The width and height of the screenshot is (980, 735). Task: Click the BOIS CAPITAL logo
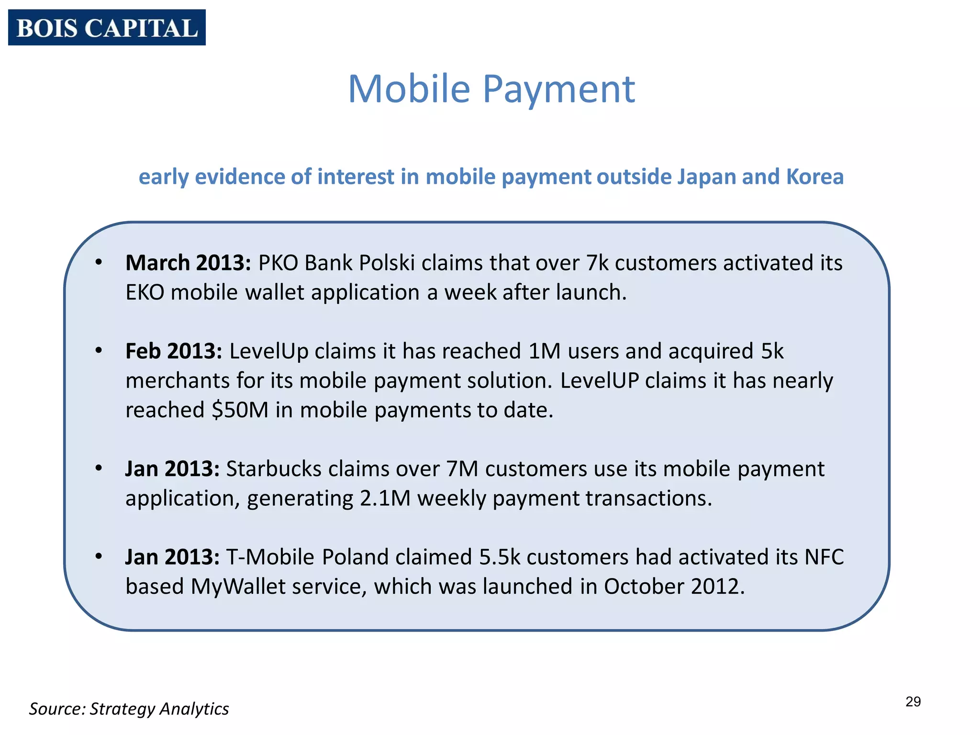(x=107, y=28)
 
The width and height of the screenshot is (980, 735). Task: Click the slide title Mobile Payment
(x=491, y=89)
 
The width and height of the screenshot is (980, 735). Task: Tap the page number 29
(x=913, y=702)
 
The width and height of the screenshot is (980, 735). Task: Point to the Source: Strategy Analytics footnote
(x=129, y=709)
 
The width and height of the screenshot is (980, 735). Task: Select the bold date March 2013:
(x=188, y=263)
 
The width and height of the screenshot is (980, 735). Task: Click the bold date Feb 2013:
(x=174, y=351)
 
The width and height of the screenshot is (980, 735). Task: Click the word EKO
(x=145, y=292)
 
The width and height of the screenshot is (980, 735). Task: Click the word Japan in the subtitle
(x=706, y=177)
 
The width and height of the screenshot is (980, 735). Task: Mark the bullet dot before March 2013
(x=99, y=262)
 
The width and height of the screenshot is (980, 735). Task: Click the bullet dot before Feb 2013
(x=99, y=350)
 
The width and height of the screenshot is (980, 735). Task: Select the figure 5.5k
(x=500, y=557)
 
